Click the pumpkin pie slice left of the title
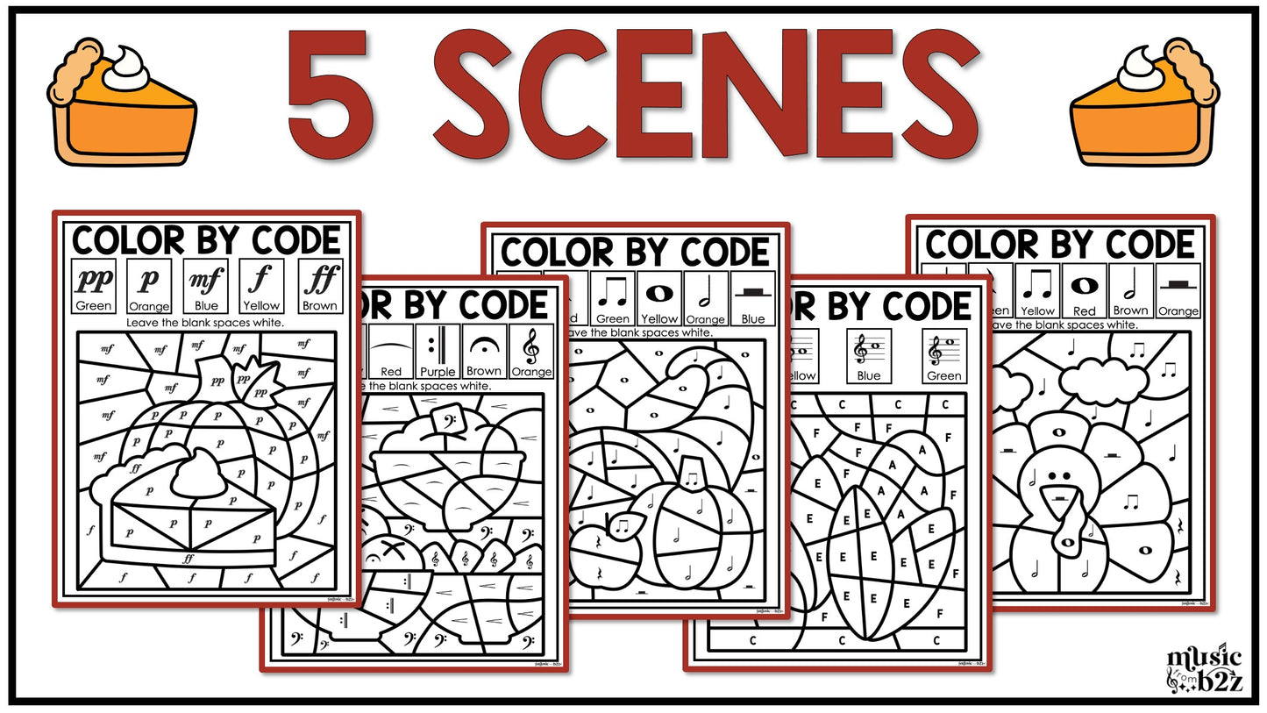(x=123, y=103)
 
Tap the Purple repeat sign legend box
(x=437, y=351)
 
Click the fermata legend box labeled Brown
(x=484, y=351)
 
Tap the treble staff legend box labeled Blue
(x=869, y=355)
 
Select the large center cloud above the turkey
(x=1104, y=381)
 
